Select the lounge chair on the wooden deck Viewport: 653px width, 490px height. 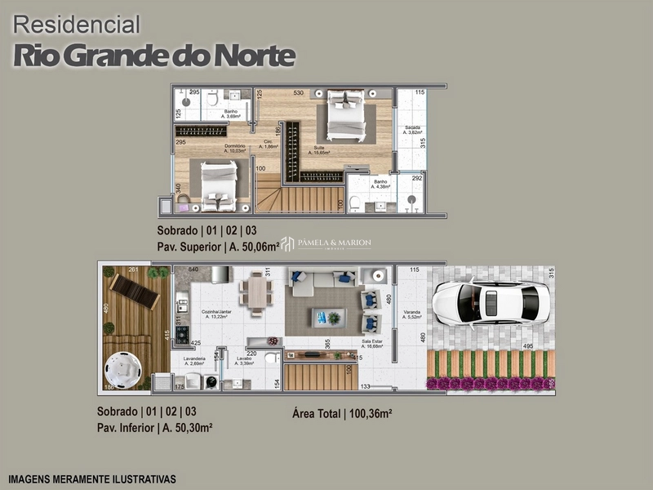[x=135, y=291]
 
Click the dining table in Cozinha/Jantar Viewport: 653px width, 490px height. [x=255, y=293]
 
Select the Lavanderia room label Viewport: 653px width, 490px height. [x=192, y=361]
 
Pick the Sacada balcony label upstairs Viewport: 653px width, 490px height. [x=411, y=130]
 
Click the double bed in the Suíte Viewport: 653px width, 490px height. [x=346, y=115]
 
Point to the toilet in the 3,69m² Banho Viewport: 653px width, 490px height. [x=211, y=100]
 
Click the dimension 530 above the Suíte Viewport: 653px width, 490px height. [x=299, y=93]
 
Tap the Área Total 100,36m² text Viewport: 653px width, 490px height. [x=342, y=414]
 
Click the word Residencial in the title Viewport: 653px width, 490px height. [x=77, y=26]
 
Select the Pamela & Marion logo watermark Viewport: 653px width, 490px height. [x=326, y=243]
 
